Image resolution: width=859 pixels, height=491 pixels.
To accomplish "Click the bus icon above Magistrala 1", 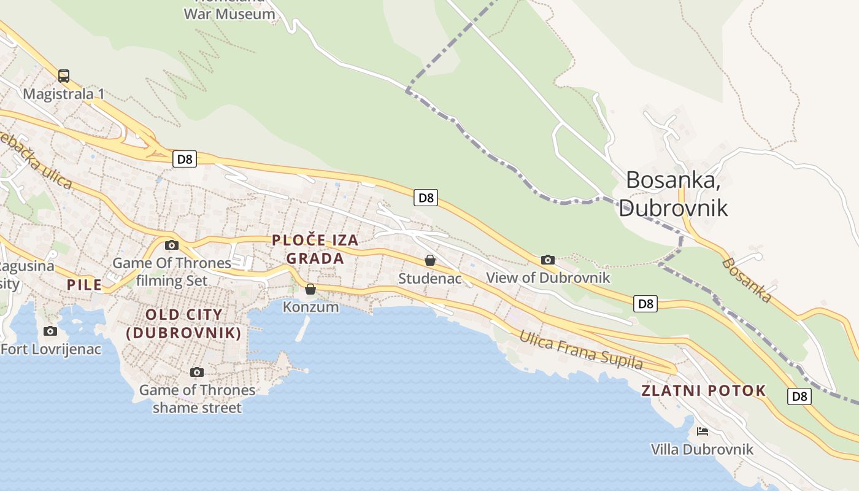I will pos(64,76).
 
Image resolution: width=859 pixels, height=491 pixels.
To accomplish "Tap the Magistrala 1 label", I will pos(64,94).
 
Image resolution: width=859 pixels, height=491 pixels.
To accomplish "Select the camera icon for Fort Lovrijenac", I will pos(50,331).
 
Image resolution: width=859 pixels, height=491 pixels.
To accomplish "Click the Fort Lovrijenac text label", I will pos(52,349).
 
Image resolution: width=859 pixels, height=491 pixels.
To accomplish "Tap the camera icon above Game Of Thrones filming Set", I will pos(172,245).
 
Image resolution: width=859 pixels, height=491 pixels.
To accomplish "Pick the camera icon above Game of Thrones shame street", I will pos(197,372).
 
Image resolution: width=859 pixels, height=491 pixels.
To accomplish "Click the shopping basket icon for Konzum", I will pos(310,288).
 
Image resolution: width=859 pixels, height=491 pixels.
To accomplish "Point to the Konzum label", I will pos(310,306).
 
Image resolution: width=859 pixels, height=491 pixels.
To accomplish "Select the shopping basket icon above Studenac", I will pos(430,260).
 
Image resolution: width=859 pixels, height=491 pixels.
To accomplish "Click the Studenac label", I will pos(429,279).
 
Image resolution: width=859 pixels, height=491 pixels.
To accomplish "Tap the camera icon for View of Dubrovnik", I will pos(548,260).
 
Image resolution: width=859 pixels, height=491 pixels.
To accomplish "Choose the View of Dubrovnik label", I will pos(548,277).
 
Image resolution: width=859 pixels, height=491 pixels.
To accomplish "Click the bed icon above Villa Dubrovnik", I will pos(703,431).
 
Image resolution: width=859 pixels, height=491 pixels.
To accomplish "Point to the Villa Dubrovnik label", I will pos(702,449).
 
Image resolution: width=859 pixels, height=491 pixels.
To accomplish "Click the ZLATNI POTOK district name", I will pos(704,390).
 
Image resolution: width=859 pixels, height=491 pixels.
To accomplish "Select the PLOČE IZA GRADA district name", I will pos(315,249).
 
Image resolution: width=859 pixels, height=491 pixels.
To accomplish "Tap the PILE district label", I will pos(84,285).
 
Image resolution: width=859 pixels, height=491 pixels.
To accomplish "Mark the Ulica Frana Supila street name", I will pos(581,350).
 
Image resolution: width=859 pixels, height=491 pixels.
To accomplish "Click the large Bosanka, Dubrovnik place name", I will pos(673,193).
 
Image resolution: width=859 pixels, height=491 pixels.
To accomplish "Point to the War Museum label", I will pos(229,14).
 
